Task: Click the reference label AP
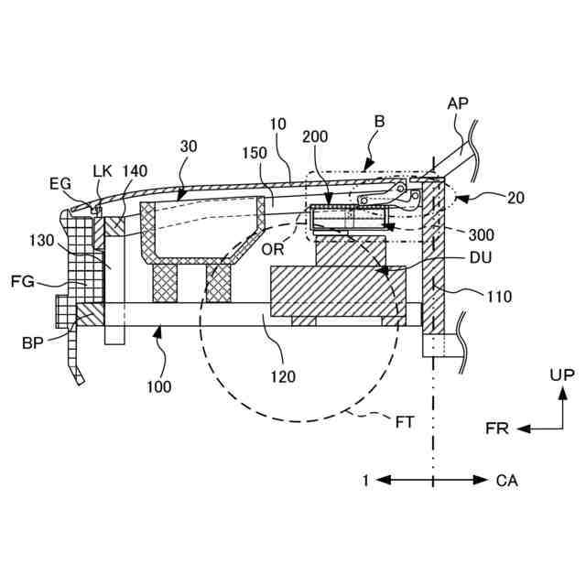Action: [x=458, y=103]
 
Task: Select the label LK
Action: [x=103, y=169]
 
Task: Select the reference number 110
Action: [x=500, y=296]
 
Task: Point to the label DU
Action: [x=479, y=259]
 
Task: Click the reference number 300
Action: [x=479, y=233]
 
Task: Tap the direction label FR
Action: [x=498, y=428]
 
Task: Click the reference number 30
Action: [x=189, y=147]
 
